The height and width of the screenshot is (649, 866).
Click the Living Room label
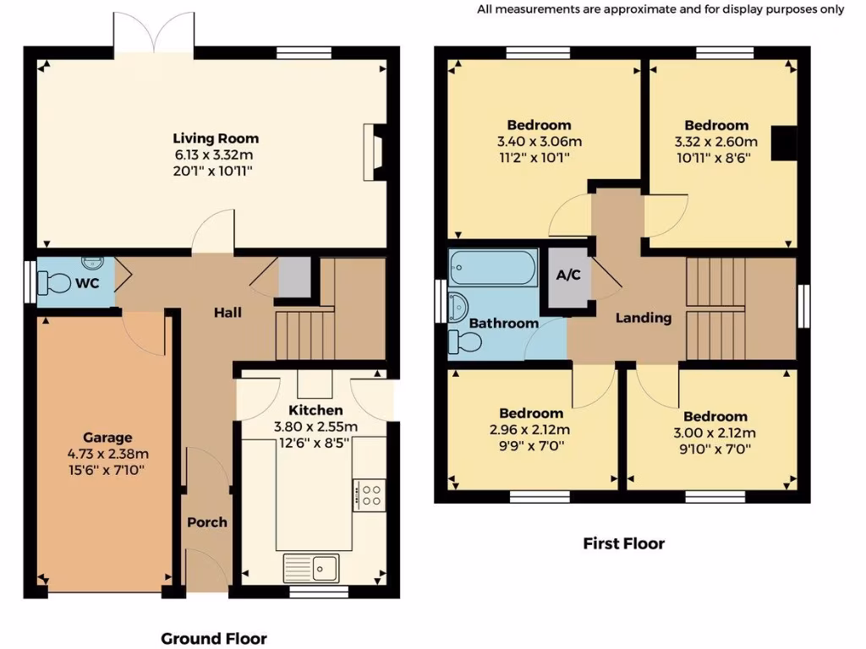[216, 139]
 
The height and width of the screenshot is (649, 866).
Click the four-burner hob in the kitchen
[370, 494]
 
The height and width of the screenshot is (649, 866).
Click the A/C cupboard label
[567, 275]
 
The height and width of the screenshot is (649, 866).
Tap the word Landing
[643, 318]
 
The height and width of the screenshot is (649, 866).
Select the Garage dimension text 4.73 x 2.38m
[107, 454]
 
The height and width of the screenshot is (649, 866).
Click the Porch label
[207, 522]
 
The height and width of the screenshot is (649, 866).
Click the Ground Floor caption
[214, 638]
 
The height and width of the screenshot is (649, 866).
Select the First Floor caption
[623, 543]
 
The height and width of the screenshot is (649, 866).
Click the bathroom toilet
[464, 341]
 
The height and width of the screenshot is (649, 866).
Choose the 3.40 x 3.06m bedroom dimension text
[539, 141]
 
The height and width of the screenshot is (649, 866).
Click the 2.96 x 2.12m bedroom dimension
[531, 428]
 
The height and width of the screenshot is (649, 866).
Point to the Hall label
[227, 313]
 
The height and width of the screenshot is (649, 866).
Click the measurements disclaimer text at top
[660, 9]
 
